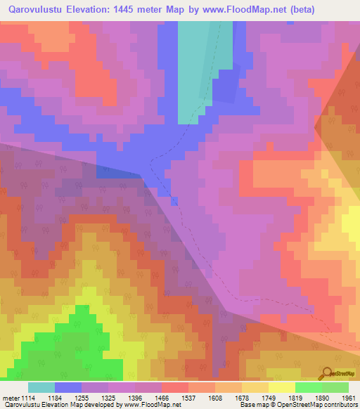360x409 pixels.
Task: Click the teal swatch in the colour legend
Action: point(41,387)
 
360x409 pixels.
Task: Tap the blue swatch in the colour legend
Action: point(68,387)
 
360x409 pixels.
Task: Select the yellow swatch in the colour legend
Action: point(281,387)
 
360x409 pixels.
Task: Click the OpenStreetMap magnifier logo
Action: point(328,373)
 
